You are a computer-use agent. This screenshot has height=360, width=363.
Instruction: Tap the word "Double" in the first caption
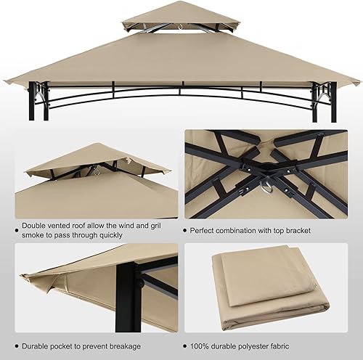coord(36,226)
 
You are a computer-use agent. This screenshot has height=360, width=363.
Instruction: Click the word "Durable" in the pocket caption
coord(38,345)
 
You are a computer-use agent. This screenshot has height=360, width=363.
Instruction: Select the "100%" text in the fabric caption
coord(200,345)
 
